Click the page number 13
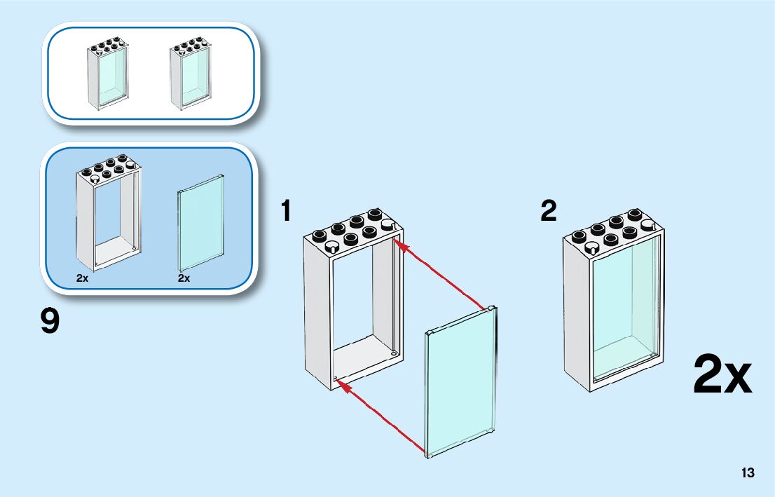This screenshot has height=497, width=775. pyautogui.click(x=748, y=472)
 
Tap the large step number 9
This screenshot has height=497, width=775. pyautogui.click(x=50, y=322)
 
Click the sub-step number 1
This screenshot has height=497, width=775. pyautogui.click(x=286, y=212)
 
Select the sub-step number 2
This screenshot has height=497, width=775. pyautogui.click(x=549, y=211)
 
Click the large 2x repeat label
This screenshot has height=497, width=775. pyautogui.click(x=722, y=375)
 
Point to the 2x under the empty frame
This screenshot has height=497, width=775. pyautogui.click(x=83, y=278)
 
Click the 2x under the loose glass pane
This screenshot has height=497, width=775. pyautogui.click(x=184, y=278)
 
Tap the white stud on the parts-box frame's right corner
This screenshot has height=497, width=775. pyautogui.click(x=131, y=163)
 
